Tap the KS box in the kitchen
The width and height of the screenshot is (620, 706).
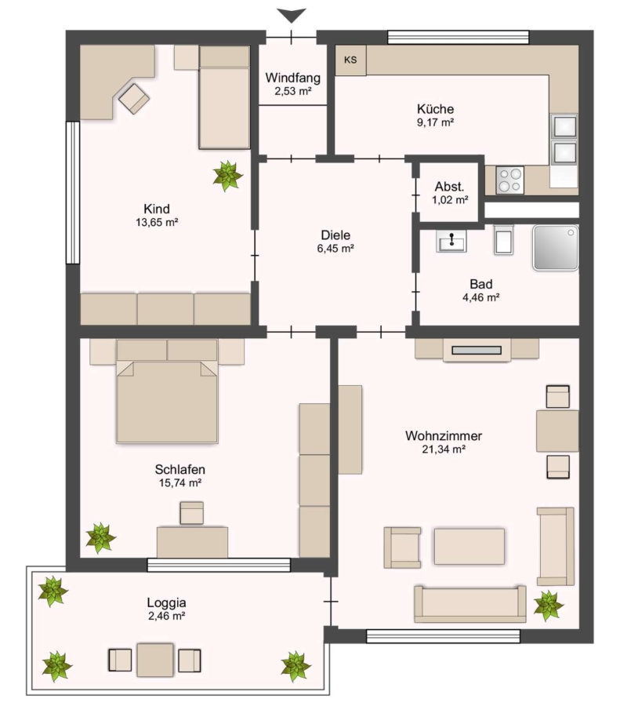[350, 60]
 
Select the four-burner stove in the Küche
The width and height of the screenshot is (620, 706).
[509, 180]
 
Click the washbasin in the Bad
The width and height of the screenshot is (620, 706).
[451, 242]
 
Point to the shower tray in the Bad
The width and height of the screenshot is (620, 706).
[556, 248]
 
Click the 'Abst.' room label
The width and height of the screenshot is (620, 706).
[449, 187]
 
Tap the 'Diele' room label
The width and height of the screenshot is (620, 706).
[335, 235]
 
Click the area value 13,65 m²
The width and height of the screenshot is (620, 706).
[157, 222]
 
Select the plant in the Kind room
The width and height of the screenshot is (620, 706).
[228, 176]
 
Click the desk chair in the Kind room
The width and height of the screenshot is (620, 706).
[134, 99]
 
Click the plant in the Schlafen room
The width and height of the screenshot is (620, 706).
[101, 538]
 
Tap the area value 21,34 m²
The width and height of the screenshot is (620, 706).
[443, 449]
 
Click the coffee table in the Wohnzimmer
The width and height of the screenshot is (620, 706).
[470, 546]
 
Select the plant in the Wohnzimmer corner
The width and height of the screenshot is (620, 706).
[549, 606]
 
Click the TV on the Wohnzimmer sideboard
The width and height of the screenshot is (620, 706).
[477, 350]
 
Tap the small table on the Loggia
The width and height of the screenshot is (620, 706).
[155, 660]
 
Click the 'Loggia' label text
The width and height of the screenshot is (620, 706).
[166, 603]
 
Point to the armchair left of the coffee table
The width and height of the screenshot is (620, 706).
[402, 548]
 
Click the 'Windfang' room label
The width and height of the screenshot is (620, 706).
[293, 78]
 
